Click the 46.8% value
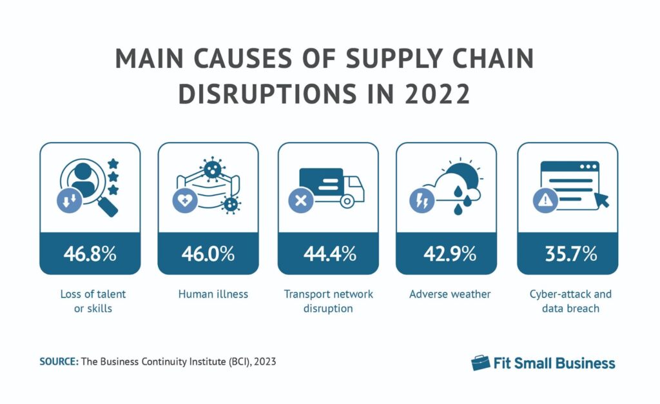point(90,254)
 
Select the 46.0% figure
point(208,254)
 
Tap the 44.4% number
point(329,254)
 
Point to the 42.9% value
point(446,254)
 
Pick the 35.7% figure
point(568,254)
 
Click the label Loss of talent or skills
point(90,301)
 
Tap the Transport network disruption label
point(329,301)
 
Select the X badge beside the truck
point(300,201)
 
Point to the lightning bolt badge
point(419,201)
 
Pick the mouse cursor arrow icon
point(601,199)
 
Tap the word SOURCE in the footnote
point(58,362)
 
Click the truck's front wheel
point(347,202)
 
